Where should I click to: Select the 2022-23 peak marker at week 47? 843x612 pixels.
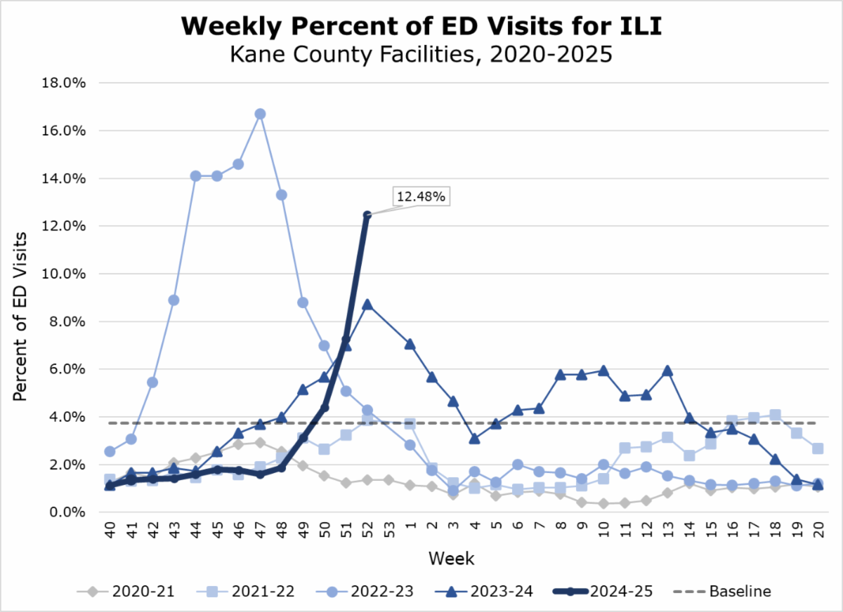point(260,114)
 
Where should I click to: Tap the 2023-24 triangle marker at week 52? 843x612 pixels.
point(367,305)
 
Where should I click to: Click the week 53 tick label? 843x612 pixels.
point(388,534)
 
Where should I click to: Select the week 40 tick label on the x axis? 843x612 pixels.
point(110,534)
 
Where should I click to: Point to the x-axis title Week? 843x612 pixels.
point(452,559)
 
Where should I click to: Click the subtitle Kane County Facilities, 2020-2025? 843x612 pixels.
point(421,54)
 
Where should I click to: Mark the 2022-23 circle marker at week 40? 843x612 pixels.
point(110,451)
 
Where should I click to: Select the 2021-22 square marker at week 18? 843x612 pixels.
point(775,415)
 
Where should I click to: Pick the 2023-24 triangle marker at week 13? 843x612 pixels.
point(668,371)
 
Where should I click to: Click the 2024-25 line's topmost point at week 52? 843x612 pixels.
point(367,215)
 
